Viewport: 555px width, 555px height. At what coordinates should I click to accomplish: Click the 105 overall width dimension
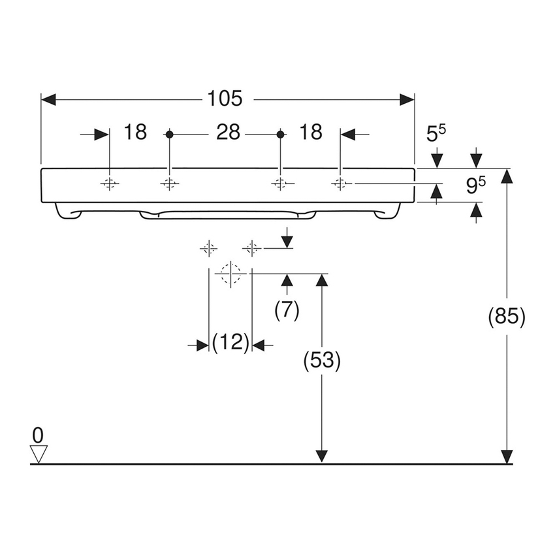(x=225, y=99)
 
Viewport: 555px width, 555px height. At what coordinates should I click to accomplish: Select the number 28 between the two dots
(x=228, y=133)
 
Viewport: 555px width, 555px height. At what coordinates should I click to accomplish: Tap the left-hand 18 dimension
(x=135, y=133)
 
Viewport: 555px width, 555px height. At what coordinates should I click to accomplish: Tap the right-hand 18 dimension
(x=311, y=133)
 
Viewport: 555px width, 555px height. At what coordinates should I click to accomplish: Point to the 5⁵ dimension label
(x=436, y=134)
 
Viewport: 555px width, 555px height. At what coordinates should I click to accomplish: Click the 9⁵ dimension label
(x=475, y=186)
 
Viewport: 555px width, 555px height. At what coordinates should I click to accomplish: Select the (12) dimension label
(x=230, y=343)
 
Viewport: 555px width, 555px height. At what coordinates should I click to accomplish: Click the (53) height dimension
(x=321, y=361)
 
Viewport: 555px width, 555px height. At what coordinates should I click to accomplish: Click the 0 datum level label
(x=38, y=434)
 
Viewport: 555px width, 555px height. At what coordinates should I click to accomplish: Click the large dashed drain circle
(x=230, y=273)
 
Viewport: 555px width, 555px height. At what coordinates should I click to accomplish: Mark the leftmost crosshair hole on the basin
(x=110, y=184)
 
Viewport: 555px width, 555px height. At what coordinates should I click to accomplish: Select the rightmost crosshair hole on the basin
(x=340, y=184)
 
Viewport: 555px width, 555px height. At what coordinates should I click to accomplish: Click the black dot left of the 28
(x=169, y=134)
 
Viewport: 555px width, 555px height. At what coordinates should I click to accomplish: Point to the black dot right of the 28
(x=280, y=134)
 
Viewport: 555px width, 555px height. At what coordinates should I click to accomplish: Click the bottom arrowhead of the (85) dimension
(x=507, y=456)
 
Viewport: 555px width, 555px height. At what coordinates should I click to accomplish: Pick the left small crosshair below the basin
(x=208, y=248)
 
